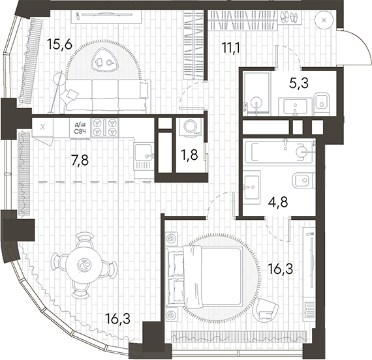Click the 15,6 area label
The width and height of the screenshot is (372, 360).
[x=60, y=45]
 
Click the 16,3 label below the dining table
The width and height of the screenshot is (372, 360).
[x=117, y=318]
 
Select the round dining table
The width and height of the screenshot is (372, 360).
[x=85, y=264]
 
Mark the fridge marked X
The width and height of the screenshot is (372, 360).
[x=43, y=127]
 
